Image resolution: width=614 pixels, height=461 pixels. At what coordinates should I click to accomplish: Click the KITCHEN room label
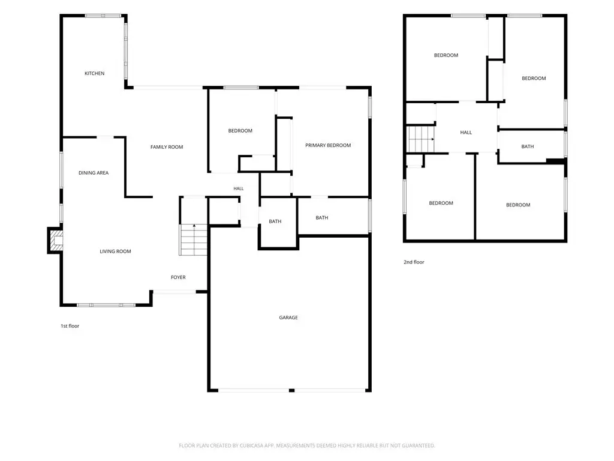point(94,73)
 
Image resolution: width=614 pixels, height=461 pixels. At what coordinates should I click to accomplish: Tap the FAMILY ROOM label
point(167,147)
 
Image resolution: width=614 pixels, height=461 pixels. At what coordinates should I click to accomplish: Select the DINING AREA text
point(94,173)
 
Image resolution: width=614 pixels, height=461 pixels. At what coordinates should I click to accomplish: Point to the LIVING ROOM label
point(115,252)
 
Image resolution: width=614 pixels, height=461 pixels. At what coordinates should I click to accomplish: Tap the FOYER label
point(178,277)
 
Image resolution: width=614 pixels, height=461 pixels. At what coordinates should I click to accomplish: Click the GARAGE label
point(288,318)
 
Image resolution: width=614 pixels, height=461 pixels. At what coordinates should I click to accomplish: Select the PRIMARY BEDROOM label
point(328,145)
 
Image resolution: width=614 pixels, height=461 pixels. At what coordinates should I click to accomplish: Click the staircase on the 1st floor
point(194,240)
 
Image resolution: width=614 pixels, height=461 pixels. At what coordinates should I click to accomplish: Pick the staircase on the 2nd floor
point(421,139)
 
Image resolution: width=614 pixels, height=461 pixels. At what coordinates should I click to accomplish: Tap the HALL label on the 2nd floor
point(466,133)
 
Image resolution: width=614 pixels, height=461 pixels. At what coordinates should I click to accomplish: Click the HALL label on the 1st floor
point(239,188)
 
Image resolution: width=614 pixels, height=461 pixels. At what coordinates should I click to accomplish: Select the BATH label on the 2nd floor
point(528,146)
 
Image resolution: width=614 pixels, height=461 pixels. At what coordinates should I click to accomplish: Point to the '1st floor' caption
point(70,326)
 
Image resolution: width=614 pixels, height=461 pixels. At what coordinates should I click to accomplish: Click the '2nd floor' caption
point(414,262)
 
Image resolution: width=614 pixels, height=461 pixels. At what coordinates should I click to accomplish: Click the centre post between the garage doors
point(291,390)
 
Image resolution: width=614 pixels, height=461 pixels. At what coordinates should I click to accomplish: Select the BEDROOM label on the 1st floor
point(240,131)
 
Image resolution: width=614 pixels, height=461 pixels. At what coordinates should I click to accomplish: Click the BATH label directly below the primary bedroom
point(322,218)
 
